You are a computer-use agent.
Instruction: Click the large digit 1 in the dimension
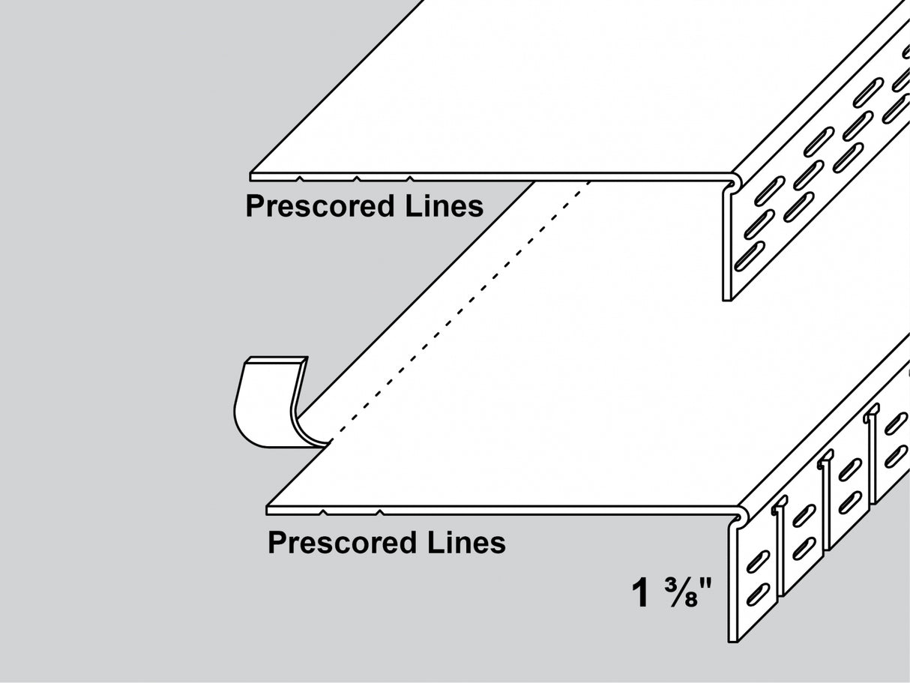[x=640, y=593]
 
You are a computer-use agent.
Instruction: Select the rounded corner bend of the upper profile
[x=734, y=181]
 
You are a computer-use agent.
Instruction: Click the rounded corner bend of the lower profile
[x=739, y=517]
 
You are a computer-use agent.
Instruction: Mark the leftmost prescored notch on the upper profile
[x=300, y=178]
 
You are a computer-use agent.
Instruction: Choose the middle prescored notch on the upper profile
[x=356, y=178]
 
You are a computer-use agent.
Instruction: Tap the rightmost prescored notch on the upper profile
[x=410, y=178]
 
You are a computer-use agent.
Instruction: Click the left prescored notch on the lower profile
[x=322, y=512]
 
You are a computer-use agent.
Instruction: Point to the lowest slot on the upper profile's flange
[x=749, y=256]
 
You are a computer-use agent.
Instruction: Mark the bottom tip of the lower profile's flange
[x=733, y=640]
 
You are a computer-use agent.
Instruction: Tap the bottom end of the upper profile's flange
[x=726, y=298]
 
